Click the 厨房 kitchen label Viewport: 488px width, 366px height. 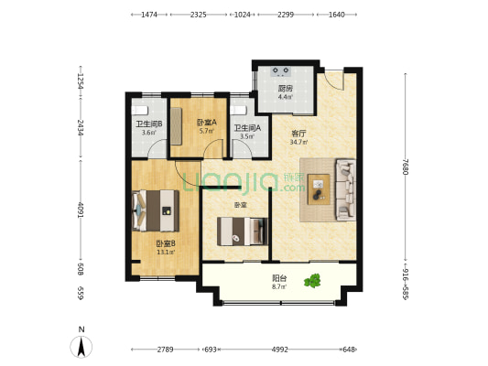pyautogui.click(x=285, y=89)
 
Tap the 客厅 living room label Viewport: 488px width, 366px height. pyautogui.click(x=298, y=134)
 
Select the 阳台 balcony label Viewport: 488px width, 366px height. pyautogui.click(x=279, y=278)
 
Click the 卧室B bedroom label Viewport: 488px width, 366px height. pyautogui.click(x=166, y=243)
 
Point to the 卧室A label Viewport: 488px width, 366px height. pyautogui.click(x=207, y=123)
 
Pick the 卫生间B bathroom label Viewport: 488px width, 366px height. pyautogui.click(x=149, y=124)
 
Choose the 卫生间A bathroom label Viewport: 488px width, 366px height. pyautogui.click(x=247, y=128)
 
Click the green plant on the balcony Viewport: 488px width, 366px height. pyautogui.click(x=312, y=281)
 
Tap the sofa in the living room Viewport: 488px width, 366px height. pyautogui.click(x=345, y=189)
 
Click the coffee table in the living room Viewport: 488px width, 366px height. pyautogui.click(x=319, y=189)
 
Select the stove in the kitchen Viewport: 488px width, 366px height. pyautogui.click(x=281, y=71)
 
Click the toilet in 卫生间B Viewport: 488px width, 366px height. pyautogui.click(x=139, y=111)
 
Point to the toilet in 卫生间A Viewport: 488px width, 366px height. pyautogui.click(x=239, y=111)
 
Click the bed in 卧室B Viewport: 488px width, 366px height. pyautogui.click(x=156, y=210)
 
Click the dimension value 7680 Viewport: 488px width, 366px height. pyautogui.click(x=405, y=167)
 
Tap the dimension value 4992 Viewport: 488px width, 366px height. pyautogui.click(x=280, y=350)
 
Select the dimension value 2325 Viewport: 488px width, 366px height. pyautogui.click(x=199, y=15)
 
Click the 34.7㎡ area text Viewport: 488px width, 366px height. pyautogui.click(x=298, y=143)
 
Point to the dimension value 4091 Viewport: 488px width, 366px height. pyautogui.click(x=81, y=210)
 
